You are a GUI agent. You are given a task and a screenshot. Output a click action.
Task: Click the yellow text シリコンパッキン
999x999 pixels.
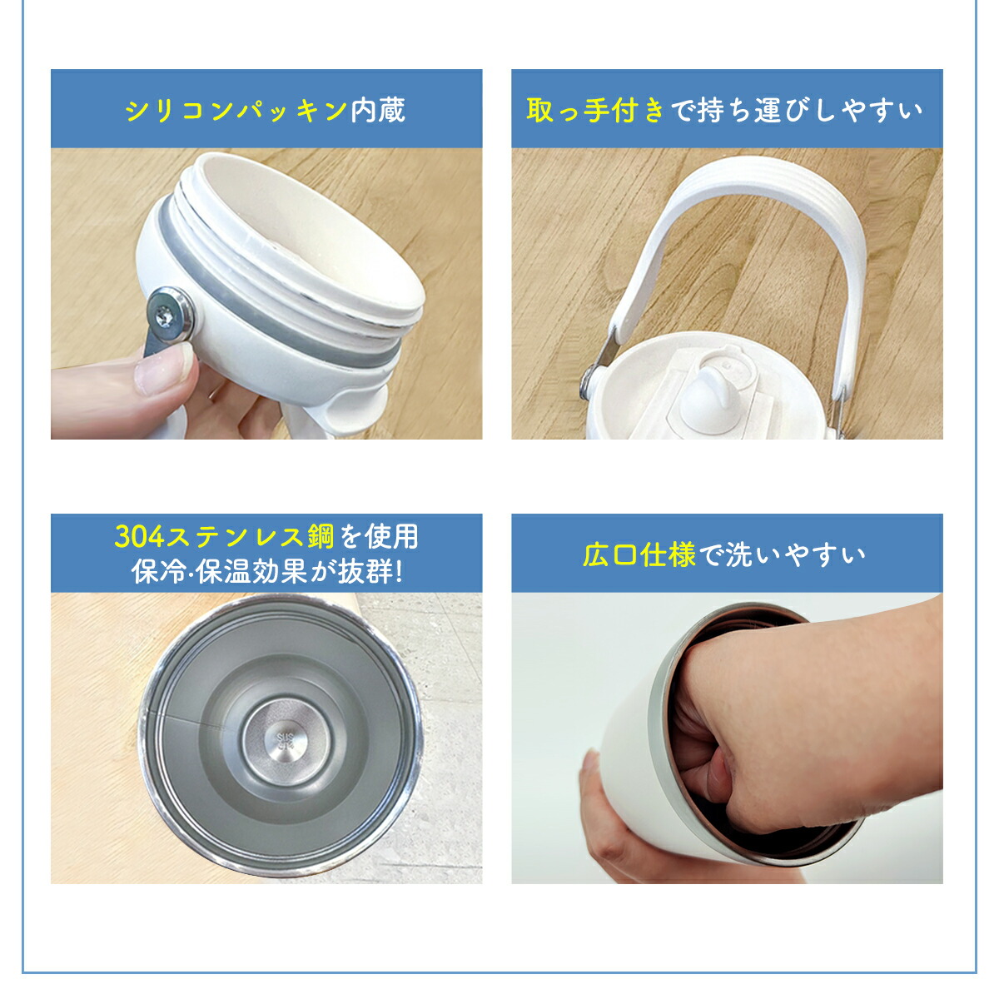coord(236,110)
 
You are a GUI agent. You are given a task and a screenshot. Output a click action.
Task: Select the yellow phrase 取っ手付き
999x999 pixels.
coord(596,111)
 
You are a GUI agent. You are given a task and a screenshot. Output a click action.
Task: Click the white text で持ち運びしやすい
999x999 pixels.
coord(797,111)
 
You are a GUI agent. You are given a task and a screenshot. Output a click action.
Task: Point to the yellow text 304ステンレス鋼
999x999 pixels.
coord(225,536)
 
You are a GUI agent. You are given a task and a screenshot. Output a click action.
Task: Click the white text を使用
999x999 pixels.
coord(379,536)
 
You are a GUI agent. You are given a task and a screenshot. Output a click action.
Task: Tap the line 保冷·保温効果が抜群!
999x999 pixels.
coord(267,571)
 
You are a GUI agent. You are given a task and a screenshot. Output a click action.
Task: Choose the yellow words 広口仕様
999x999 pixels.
coord(639,554)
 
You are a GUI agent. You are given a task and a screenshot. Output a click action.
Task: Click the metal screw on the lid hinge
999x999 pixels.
coord(170,314)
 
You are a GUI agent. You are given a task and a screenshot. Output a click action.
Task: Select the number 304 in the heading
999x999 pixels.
coord(138,537)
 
